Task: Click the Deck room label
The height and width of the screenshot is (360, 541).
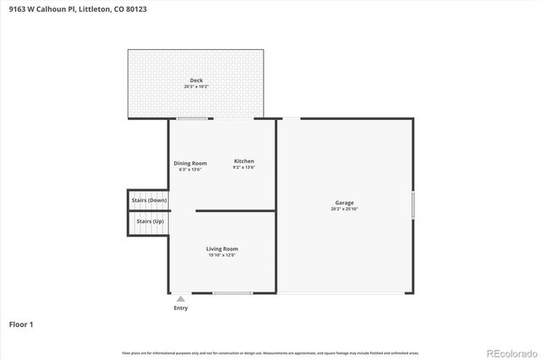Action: pos(195,80)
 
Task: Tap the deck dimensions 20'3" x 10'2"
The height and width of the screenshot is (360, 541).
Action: pos(195,86)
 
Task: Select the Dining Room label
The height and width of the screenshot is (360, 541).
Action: pos(190,162)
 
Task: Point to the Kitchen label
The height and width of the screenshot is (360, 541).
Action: pos(243,161)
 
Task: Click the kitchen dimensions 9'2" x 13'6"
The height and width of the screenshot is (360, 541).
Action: pos(243,167)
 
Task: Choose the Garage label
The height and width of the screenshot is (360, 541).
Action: pos(344,203)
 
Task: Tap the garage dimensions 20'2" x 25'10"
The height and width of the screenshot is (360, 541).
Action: pos(344,209)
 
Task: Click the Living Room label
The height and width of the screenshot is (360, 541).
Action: pos(222,248)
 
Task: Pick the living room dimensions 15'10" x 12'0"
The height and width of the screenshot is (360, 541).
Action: pos(222,254)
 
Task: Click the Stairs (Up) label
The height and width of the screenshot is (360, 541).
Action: pos(150,221)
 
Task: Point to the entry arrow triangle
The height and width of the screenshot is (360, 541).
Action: pos(180,298)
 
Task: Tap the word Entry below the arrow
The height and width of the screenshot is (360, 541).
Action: pos(181,308)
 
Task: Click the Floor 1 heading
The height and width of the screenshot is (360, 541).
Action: pos(21,324)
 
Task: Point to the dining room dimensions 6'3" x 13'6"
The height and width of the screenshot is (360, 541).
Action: pos(190,169)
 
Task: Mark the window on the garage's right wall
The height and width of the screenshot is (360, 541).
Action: pos(413,205)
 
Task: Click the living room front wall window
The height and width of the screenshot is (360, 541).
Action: pos(232,293)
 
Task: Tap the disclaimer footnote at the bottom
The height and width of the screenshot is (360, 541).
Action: pos(270,352)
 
